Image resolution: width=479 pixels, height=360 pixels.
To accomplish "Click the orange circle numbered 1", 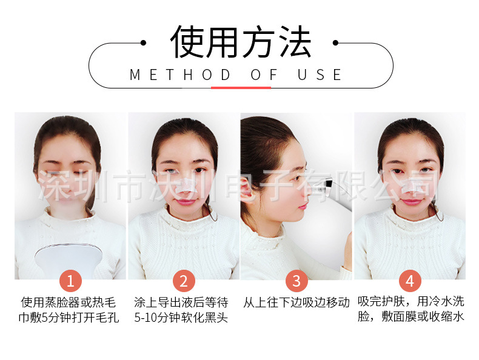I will [70, 281].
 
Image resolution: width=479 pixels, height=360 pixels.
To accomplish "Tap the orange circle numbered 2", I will [183, 281].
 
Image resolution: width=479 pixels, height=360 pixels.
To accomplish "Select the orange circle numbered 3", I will [296, 281].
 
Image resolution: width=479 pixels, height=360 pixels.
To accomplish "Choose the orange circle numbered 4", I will [410, 281].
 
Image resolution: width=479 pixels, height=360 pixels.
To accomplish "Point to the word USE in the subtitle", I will [320, 75].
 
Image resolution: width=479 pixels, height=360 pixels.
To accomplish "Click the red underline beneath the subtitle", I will [240, 87].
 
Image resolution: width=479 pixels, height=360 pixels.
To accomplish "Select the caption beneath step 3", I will [296, 302].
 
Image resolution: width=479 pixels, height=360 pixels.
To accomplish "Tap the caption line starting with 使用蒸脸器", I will [70, 302].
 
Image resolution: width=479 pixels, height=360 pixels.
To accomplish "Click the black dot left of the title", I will [143, 42].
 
